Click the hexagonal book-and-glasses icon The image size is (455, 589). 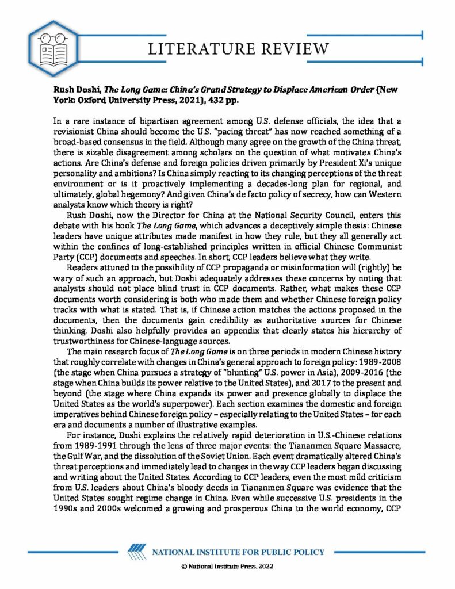(x=49, y=47)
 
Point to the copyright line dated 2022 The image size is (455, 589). (x=227, y=567)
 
